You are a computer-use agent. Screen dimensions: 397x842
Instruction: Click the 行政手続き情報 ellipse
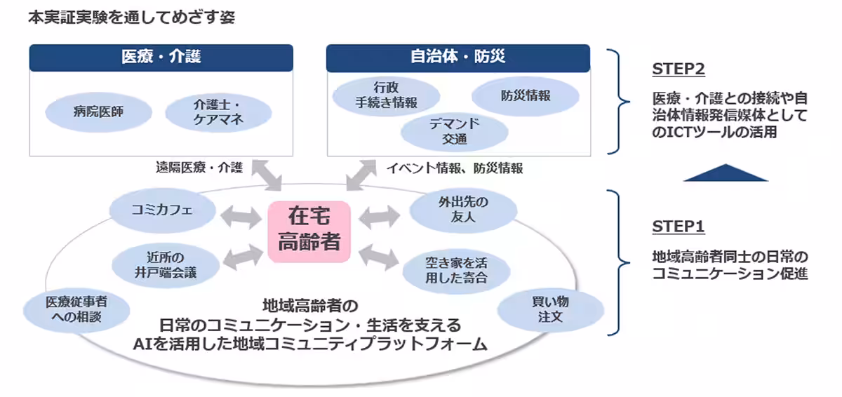point(385,96)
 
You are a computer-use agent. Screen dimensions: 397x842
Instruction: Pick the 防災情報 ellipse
point(525,96)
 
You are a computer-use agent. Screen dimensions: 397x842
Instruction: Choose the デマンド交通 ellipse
point(454,131)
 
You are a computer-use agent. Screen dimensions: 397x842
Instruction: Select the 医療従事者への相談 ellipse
point(76,309)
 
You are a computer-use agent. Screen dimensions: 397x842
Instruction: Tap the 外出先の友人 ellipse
point(463,210)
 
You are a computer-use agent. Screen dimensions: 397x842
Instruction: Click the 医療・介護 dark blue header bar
point(161,58)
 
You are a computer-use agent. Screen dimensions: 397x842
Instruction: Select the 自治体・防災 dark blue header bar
point(458,58)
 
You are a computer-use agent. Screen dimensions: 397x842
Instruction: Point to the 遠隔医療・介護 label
point(199,168)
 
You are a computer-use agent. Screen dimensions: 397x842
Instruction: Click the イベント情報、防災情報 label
point(455,168)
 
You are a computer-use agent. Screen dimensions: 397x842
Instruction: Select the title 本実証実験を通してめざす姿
point(131,18)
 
